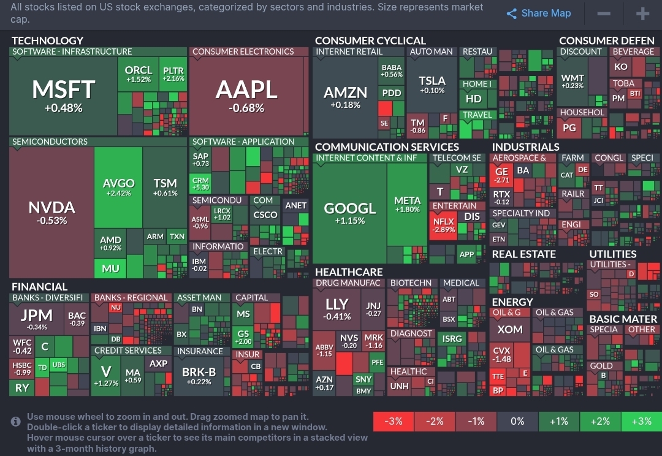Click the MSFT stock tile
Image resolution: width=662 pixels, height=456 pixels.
pos(63,95)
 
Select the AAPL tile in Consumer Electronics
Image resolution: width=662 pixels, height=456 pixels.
pos(246,95)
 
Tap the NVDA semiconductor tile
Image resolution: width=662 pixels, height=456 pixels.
pos(51,211)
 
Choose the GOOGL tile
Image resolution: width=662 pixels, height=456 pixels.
pos(349,211)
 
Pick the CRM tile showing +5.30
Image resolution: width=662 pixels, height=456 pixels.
pos(200,183)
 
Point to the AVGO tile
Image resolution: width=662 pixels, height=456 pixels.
pos(118,187)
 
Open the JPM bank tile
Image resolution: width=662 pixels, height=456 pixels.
pos(37,319)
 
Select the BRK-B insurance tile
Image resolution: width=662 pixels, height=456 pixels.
pos(199,375)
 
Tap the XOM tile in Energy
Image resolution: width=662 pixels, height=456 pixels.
pos(509,329)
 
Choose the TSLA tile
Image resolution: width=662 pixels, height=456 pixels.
pos(432,85)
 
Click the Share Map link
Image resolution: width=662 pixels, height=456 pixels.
pos(539,13)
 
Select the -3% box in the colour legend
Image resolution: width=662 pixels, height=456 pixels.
pos(394,421)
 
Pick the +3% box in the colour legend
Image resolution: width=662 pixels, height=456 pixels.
pos(641,421)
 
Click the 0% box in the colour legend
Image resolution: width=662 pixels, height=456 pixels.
pos(517,421)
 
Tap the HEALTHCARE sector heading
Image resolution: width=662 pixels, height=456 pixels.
pos(349,272)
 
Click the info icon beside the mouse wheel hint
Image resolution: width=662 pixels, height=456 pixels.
pos(16,422)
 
